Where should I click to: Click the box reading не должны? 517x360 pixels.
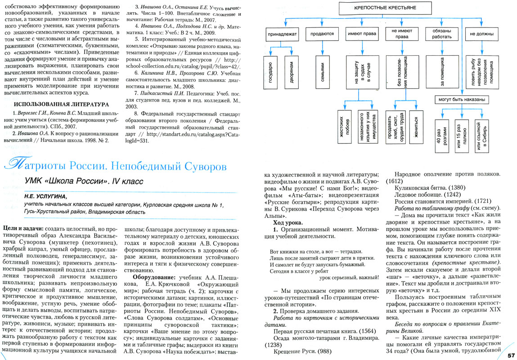click(x=481, y=34)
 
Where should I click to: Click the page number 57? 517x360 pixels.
click(x=511, y=355)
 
